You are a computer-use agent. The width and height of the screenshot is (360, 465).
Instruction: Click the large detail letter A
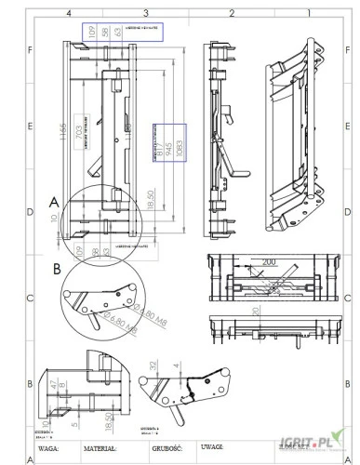[x=54, y=199]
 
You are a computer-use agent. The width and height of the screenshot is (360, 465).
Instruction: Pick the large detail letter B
[x=58, y=269]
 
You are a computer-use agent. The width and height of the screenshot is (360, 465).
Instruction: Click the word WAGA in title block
[x=49, y=447]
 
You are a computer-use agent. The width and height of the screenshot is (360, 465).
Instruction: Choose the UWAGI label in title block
[x=221, y=447]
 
